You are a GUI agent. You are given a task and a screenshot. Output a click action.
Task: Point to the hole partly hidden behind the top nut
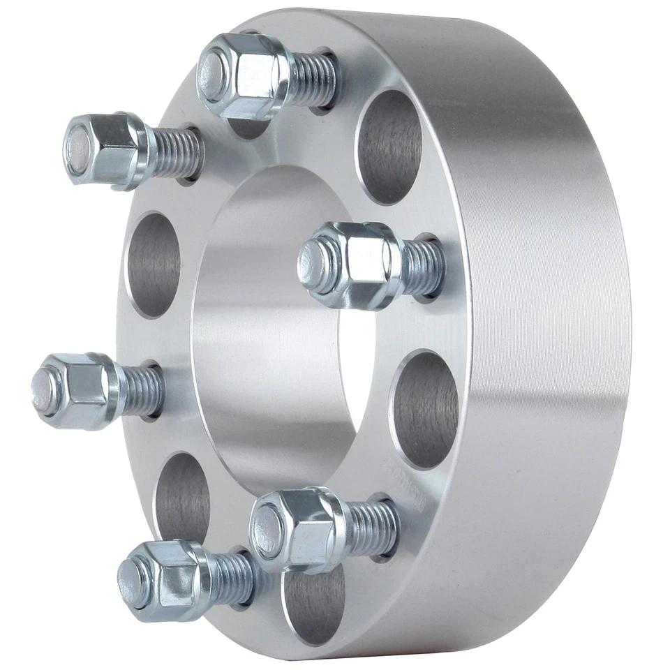248,126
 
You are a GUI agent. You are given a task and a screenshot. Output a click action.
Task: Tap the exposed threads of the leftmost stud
143,388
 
